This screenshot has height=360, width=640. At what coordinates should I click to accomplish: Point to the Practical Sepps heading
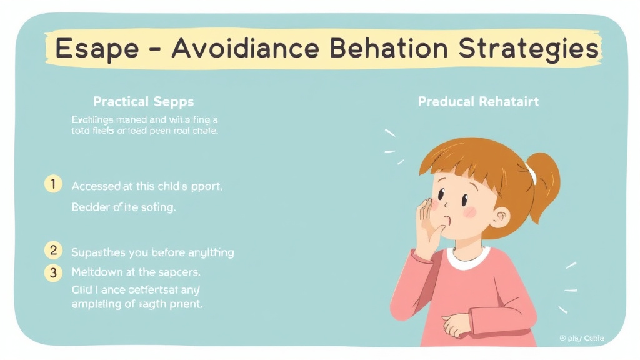tap(144, 101)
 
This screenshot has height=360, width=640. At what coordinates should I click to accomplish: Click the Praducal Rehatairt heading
tap(478, 101)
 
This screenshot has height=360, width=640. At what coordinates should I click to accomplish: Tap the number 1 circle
tap(54, 184)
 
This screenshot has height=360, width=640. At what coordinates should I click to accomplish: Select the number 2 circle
tap(54, 251)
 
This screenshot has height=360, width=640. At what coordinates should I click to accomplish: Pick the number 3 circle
tap(54, 272)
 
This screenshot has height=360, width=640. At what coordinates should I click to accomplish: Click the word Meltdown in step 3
tap(99, 272)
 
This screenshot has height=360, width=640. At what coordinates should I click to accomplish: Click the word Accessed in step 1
tap(98, 186)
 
